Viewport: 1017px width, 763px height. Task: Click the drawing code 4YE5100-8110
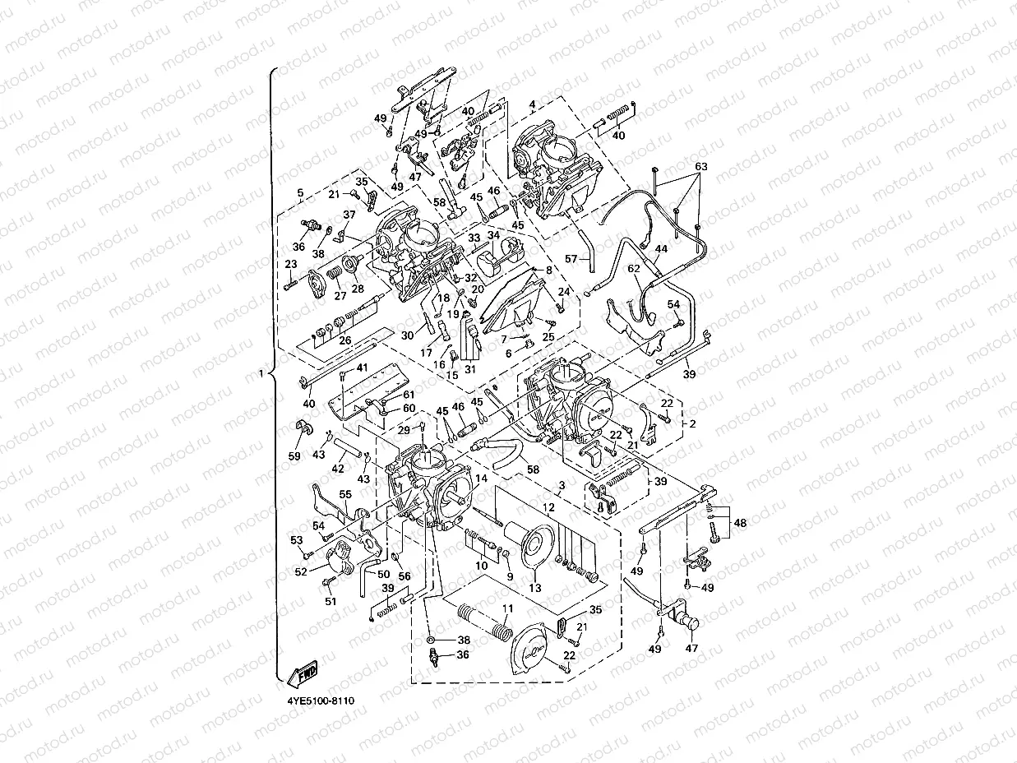pyautogui.click(x=321, y=701)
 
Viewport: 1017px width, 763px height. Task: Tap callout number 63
pyautogui.click(x=700, y=167)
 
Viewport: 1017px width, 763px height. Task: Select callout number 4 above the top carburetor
pyautogui.click(x=532, y=104)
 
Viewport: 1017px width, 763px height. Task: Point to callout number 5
pyautogui.click(x=300, y=192)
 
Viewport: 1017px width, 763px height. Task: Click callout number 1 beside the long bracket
pyautogui.click(x=261, y=374)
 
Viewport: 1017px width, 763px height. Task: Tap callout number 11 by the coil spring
pyautogui.click(x=507, y=609)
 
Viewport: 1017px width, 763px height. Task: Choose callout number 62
pyautogui.click(x=634, y=267)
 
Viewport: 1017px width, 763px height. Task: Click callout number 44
pyautogui.click(x=661, y=248)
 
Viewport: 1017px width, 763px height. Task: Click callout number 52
pyautogui.click(x=301, y=571)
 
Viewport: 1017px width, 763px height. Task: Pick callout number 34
pyautogui.click(x=493, y=235)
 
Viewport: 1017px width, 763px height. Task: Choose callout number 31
pyautogui.click(x=470, y=369)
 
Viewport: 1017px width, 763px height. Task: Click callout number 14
pyautogui.click(x=481, y=478)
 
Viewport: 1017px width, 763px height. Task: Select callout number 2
pyautogui.click(x=691, y=423)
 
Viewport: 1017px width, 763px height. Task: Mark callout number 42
pyautogui.click(x=338, y=468)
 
